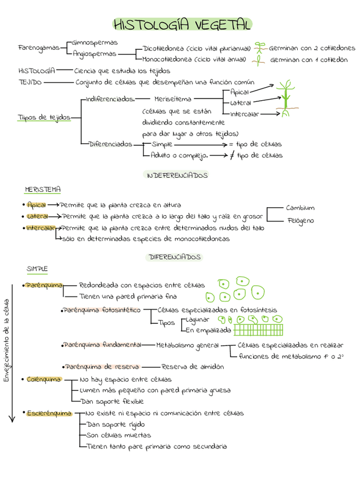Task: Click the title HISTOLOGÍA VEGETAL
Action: [182, 25]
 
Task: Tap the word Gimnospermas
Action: [92, 42]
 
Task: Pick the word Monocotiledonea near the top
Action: [167, 59]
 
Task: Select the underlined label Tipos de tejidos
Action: [44, 117]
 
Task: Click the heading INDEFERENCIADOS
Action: [177, 175]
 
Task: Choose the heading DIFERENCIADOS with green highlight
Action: [175, 257]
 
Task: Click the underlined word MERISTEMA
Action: [43, 189]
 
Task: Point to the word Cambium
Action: [300, 208]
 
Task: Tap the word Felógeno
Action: [300, 221]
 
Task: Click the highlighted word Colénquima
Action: [44, 379]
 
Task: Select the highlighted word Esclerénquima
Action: [49, 413]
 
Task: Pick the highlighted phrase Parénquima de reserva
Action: [102, 367]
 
